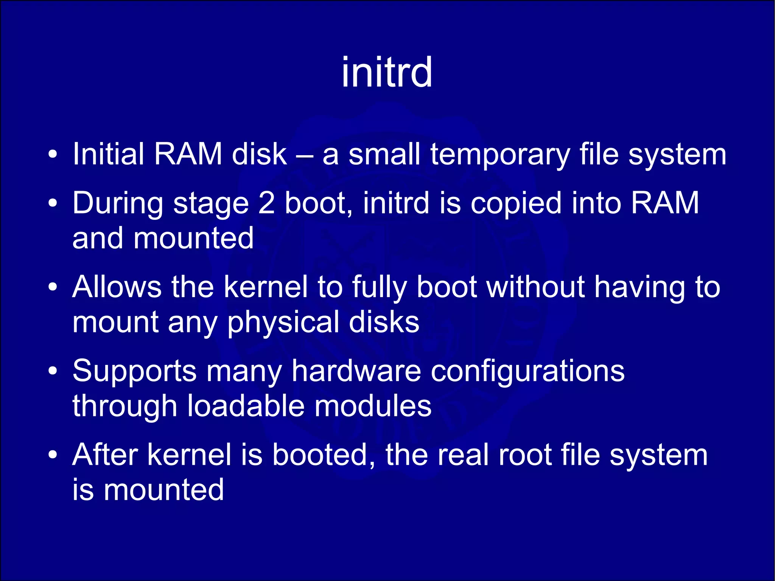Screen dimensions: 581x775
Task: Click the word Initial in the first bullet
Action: (108, 154)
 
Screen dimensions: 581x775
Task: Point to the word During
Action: (117, 203)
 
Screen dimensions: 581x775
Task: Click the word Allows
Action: (117, 287)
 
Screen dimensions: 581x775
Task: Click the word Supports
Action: (134, 371)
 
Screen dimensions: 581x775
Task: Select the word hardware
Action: (356, 371)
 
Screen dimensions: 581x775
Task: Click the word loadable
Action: (246, 406)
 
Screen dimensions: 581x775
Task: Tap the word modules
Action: (373, 406)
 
